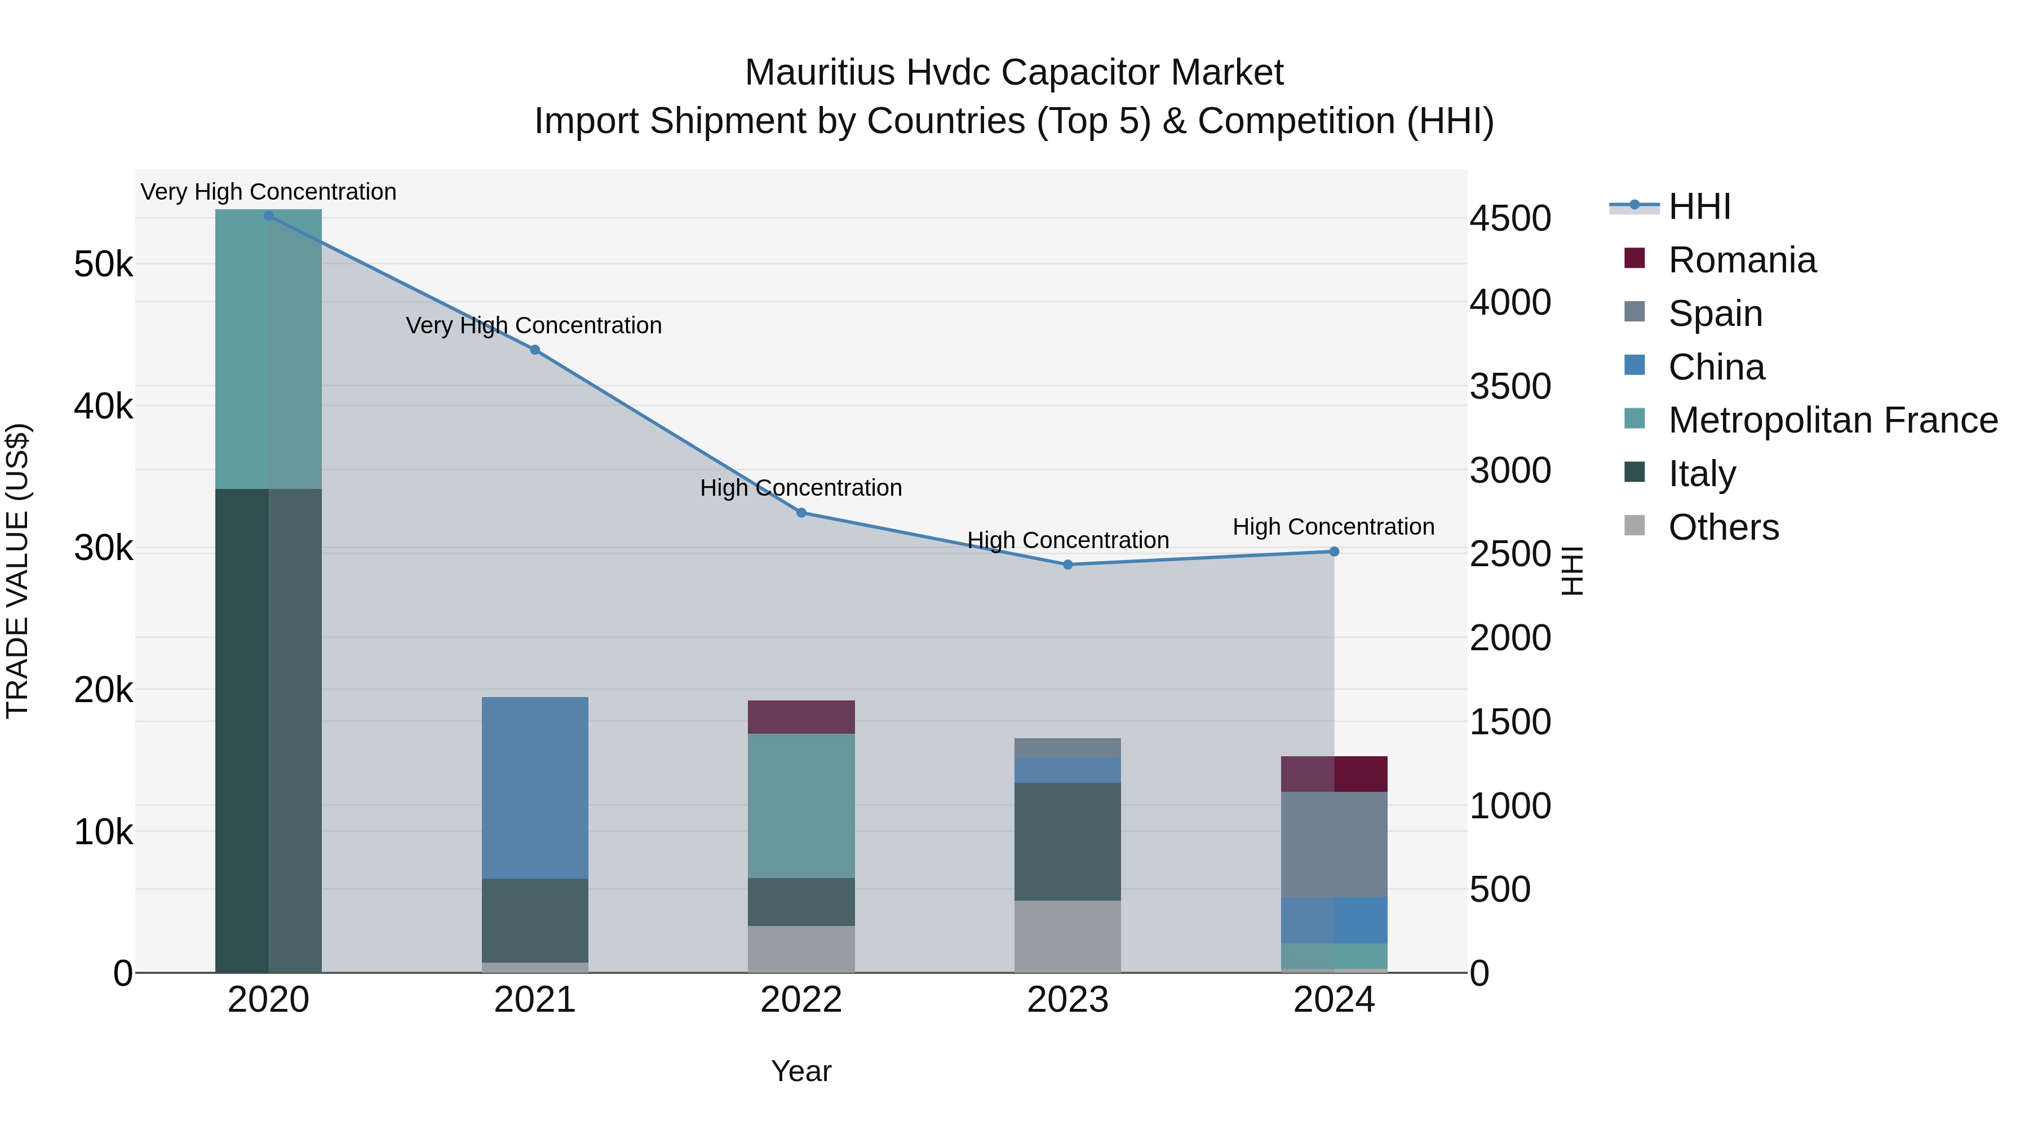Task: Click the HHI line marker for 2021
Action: click(x=535, y=350)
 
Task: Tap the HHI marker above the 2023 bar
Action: click(x=1067, y=565)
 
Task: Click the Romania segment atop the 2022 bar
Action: click(x=801, y=717)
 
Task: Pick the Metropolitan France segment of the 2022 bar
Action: click(x=801, y=805)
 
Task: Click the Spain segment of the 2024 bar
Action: click(x=1334, y=844)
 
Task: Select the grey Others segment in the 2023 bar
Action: click(x=1067, y=936)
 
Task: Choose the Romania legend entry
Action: click(x=1742, y=260)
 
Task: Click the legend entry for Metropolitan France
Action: click(x=1832, y=420)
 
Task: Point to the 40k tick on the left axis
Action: click(x=103, y=407)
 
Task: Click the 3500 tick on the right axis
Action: click(x=1510, y=387)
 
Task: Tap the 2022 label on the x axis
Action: click(x=801, y=1000)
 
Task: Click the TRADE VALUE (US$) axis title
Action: click(x=17, y=571)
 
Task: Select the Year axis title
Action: click(x=801, y=1071)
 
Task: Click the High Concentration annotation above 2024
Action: click(x=1333, y=527)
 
